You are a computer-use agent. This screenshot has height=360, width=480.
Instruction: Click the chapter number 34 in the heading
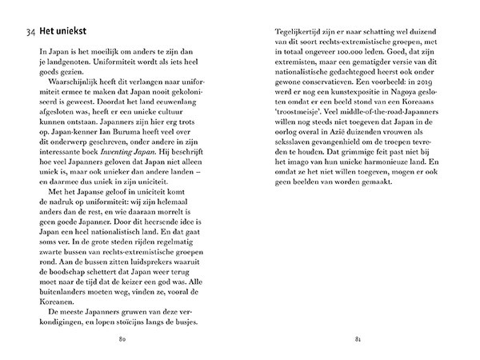31,31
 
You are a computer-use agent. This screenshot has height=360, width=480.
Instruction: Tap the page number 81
359,339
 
